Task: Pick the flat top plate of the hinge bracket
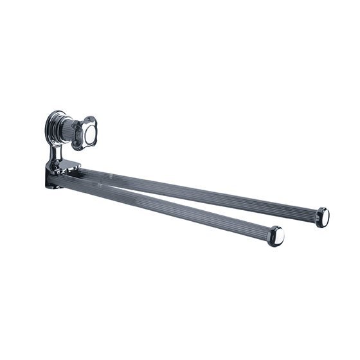point(64,166)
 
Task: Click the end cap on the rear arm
point(323,217)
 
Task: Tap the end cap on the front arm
point(276,236)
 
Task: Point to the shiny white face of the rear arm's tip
point(325,218)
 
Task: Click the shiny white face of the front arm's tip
point(278,237)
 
